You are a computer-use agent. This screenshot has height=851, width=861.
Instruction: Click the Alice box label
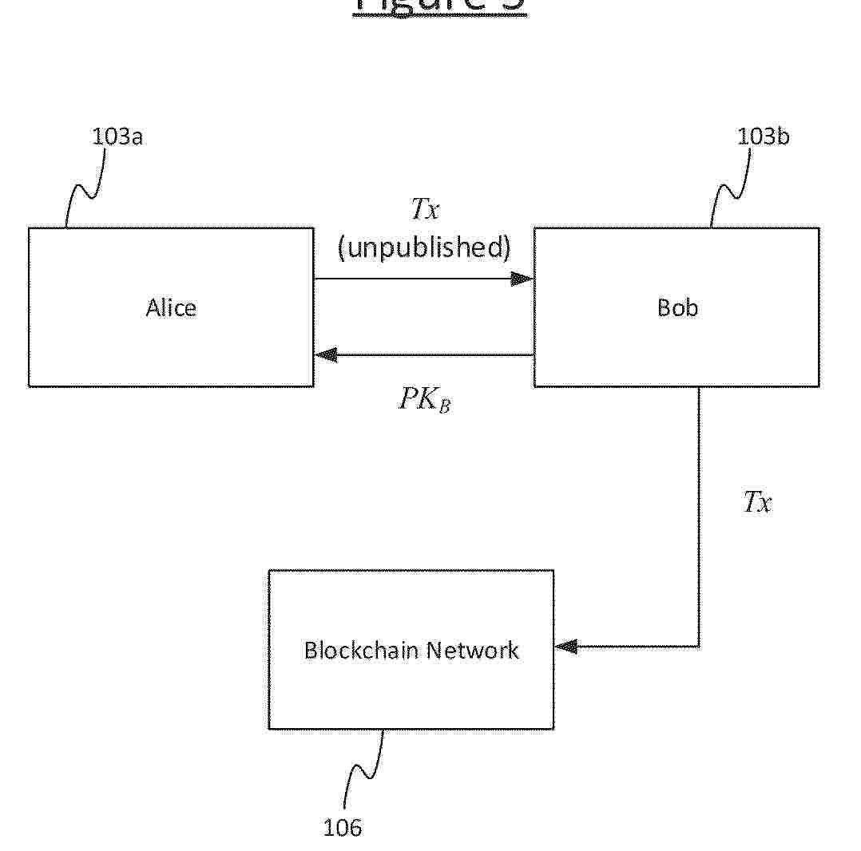tap(171, 308)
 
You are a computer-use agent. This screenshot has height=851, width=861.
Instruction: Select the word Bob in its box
tap(676, 308)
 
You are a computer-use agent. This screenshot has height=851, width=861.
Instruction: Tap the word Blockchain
tap(361, 650)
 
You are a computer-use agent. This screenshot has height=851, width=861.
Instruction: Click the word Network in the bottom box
tap(472, 650)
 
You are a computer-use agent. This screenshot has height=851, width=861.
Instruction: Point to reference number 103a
tap(117, 137)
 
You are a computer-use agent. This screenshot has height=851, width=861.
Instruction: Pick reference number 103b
tap(763, 137)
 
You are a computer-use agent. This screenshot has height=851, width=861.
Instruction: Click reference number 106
tap(342, 828)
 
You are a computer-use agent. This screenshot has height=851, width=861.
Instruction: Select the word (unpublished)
tap(423, 248)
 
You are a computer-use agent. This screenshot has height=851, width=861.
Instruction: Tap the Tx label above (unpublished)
tap(425, 210)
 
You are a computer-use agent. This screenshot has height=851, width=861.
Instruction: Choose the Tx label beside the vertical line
tap(757, 502)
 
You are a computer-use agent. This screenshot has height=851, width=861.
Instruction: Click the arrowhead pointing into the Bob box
tap(523, 279)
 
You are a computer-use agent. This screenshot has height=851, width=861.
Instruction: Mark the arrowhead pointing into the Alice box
tap(325, 354)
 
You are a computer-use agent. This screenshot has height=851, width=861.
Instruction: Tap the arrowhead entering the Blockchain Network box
tap(565, 647)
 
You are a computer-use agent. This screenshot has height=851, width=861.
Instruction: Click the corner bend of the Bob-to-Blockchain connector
tap(699, 647)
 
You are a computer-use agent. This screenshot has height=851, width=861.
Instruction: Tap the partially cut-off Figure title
tap(439, 6)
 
